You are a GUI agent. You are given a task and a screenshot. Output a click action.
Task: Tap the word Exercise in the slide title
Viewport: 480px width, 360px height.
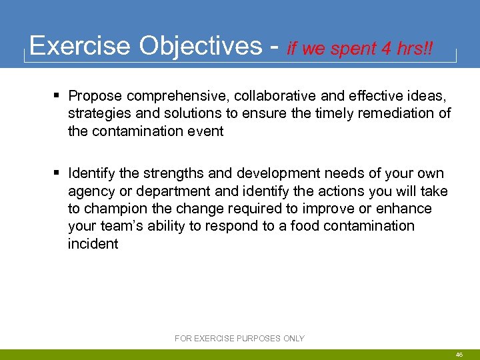[79, 46]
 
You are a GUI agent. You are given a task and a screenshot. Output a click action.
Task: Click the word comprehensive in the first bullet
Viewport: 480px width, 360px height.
[174, 96]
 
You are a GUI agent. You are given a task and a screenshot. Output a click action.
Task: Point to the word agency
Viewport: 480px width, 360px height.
[89, 191]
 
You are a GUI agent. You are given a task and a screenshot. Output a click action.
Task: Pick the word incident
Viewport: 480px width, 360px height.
[93, 243]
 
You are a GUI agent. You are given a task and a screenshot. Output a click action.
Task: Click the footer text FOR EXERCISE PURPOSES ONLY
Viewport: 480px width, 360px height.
[239, 339]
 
